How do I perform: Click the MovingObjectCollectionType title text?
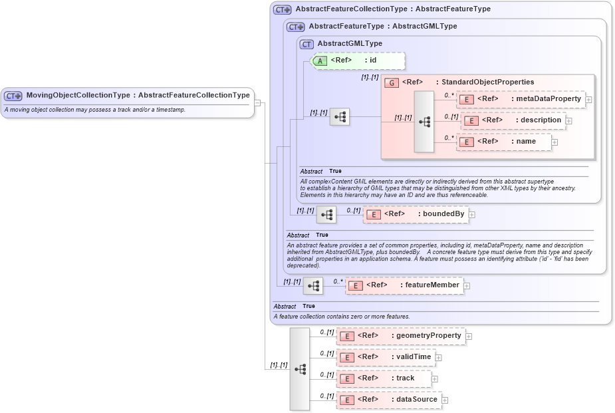(138, 95)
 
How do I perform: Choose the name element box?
(503, 142)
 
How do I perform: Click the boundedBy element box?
(416, 214)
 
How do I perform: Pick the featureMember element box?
(404, 285)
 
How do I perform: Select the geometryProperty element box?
(400, 336)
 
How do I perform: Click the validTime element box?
(385, 357)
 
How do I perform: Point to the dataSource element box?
(389, 400)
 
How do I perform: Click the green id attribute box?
(358, 61)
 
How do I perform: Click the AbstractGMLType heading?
(350, 44)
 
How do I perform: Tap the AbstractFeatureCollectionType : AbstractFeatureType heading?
(393, 9)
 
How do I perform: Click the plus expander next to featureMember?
(467, 286)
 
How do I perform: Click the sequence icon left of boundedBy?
(326, 215)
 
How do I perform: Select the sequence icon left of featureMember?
(313, 286)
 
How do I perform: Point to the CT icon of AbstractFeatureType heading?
(295, 27)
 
